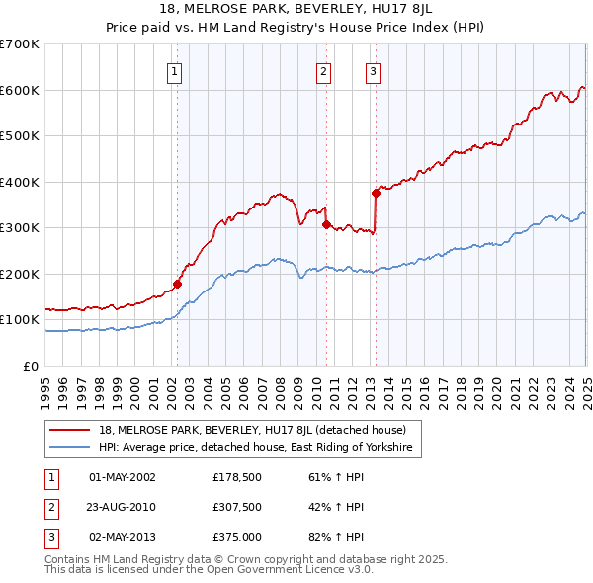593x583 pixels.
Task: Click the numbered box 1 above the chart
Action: pos(174,70)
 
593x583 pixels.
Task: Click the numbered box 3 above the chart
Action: pos(373,70)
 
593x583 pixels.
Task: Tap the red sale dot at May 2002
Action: pos(178,284)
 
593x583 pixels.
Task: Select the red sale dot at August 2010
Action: pos(326,225)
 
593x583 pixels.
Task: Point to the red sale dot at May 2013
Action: pos(376,194)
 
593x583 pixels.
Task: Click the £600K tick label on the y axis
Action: pos(20,90)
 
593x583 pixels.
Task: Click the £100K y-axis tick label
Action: pos(20,320)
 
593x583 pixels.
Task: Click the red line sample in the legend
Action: pos(70,430)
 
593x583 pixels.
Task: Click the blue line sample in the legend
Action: pos(70,448)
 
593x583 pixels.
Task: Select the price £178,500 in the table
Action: pos(234,477)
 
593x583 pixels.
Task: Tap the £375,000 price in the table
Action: pos(234,539)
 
